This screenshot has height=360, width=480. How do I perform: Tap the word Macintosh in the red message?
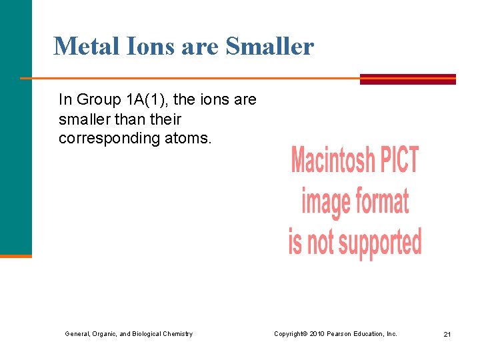coord(331,161)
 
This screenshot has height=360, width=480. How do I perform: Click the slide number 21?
coord(447,334)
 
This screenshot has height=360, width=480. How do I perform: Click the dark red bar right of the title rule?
coord(407,79)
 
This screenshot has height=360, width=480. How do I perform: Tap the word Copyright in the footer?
coord(290,333)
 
